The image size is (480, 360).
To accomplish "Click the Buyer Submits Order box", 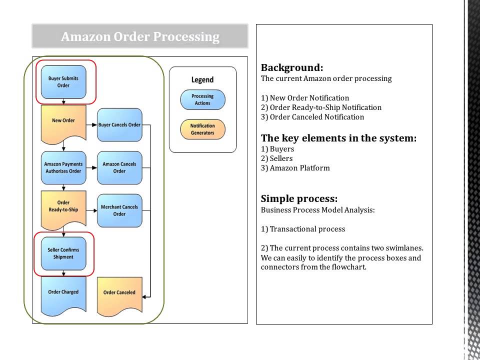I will coord(63,82).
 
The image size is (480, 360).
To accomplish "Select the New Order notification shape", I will coord(63,121).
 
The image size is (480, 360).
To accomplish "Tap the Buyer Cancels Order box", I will coord(119,124).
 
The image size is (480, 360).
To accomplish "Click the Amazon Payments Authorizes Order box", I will coord(63,167).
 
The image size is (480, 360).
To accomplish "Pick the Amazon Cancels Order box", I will coord(119,167).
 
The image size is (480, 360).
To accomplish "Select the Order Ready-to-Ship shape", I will coord(63,206).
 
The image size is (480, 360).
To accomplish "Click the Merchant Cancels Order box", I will coord(119,210).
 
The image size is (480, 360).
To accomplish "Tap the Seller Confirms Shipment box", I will coord(63,253).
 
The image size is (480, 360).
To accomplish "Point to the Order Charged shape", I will coord(63,293).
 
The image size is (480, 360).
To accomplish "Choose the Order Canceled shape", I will coord(119,294).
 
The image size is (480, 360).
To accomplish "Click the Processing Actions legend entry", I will coord(202,99).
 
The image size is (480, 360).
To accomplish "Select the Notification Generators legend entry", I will coord(202,129).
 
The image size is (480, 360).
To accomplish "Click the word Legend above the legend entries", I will coord(202,79).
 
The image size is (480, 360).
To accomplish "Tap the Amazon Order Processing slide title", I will coord(140,36).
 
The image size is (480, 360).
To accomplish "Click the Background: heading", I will coord(292,67).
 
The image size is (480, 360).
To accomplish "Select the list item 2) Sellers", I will coord(276,158).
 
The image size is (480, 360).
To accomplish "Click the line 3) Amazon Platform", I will coord(295,168).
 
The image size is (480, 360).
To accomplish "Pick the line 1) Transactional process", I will coord(303,229).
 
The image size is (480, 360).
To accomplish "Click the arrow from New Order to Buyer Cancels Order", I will coord(91,124).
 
